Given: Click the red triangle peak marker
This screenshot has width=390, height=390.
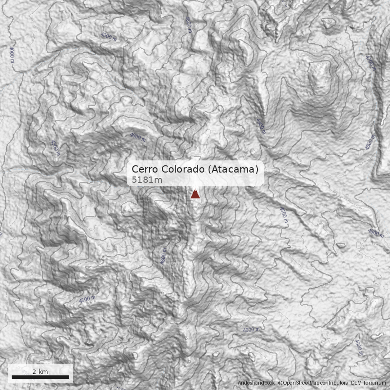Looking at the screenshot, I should (195, 195).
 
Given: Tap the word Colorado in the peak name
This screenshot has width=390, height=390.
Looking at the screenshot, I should (182, 169).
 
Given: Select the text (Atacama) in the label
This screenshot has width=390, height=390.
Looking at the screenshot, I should (233, 169).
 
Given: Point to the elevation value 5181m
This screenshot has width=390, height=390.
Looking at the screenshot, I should (147, 180).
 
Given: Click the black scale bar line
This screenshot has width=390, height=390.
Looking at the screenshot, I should (40, 377).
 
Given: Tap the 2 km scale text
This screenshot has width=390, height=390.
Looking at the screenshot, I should (40, 371).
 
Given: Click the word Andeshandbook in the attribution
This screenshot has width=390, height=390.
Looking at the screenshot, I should (256, 383).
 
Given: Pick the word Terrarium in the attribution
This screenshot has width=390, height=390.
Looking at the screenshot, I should (374, 383).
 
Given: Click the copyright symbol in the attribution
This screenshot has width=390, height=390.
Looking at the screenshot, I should (280, 383).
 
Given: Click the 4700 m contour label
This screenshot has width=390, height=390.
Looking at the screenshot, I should (370, 62).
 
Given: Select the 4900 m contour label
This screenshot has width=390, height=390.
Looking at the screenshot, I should (260, 125).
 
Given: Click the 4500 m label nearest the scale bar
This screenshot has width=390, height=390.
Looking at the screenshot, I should (87, 299).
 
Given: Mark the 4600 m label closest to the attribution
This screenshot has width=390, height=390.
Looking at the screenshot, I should (252, 330).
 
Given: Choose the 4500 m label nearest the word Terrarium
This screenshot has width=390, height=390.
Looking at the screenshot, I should (359, 347).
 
